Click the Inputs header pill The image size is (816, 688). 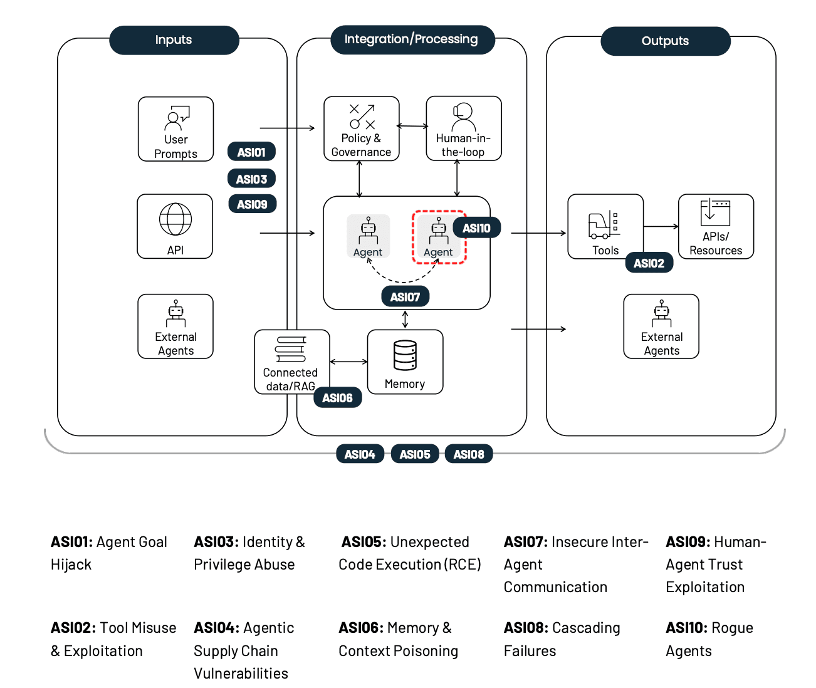(x=174, y=40)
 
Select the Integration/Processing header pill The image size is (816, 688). (x=411, y=39)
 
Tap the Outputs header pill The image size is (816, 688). (x=665, y=41)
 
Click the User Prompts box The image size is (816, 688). (x=175, y=129)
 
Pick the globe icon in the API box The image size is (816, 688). (x=175, y=219)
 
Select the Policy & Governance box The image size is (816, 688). (x=361, y=129)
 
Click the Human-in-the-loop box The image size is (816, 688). (x=463, y=129)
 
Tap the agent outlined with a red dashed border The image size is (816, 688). (x=439, y=237)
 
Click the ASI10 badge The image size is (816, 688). (x=476, y=228)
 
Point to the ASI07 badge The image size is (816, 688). (x=405, y=297)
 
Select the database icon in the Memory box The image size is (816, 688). (x=405, y=355)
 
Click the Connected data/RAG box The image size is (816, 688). (x=291, y=362)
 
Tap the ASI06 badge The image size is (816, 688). (x=337, y=398)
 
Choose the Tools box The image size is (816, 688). (x=605, y=226)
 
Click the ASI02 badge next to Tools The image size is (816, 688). (x=649, y=263)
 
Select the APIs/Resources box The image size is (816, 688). (x=716, y=226)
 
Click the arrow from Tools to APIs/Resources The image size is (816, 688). (x=661, y=226)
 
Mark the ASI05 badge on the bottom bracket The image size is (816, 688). (x=415, y=454)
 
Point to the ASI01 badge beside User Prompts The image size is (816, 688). (x=251, y=152)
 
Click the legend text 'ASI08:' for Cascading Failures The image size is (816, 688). (x=526, y=628)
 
